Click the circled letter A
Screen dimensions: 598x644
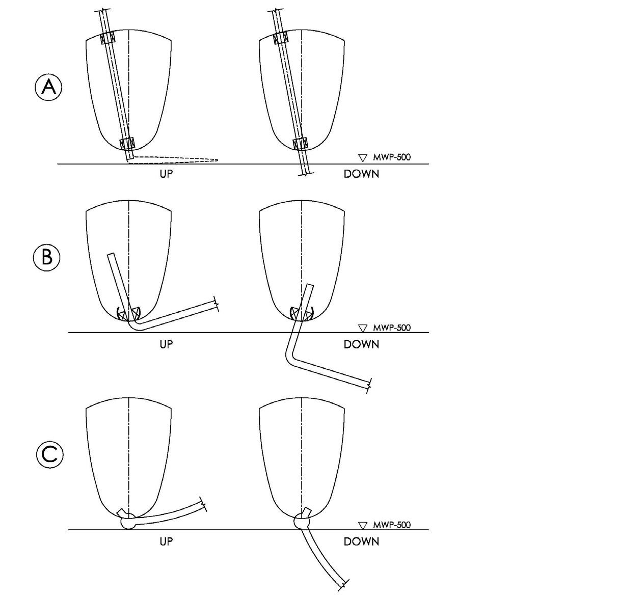pos(48,88)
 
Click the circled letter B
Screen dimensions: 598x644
pos(47,257)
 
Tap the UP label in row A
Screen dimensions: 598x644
pos(166,174)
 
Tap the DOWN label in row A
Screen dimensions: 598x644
pos(361,174)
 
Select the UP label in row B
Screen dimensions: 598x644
pos(166,344)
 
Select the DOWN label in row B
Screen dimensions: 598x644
pos(361,344)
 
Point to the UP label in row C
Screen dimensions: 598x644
pos(166,541)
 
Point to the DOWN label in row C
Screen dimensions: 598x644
pos(361,541)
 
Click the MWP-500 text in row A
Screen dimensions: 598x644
pos(391,157)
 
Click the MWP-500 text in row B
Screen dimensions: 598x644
pos(391,327)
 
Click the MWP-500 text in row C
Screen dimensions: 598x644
pos(391,525)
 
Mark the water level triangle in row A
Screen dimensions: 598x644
pos(363,157)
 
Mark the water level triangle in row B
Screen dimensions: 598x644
pos(363,328)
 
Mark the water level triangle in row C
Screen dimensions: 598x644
pos(363,525)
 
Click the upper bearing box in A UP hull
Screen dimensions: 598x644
pos(108,38)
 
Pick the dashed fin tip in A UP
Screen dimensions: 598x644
pos(214,160)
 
